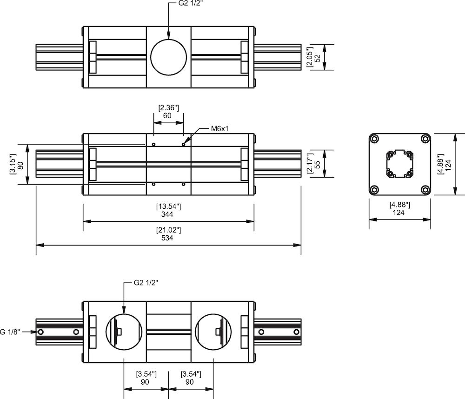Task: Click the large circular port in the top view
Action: tap(168, 57)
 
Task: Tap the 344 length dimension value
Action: tap(167, 214)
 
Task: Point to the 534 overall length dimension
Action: tap(167, 238)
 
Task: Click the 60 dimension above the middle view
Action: tap(168, 115)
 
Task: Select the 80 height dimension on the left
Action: tap(20, 165)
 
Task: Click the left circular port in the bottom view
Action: tap(124, 332)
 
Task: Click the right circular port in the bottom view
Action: tap(213, 332)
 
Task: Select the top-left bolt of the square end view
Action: tap(375, 139)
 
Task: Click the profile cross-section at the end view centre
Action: tap(400, 165)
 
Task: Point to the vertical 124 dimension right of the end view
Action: tap(448, 165)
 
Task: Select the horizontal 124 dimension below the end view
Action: tap(399, 213)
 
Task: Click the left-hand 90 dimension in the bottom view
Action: tap(146, 382)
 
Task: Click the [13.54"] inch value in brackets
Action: tap(167, 206)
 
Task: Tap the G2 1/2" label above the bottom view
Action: tap(146, 282)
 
